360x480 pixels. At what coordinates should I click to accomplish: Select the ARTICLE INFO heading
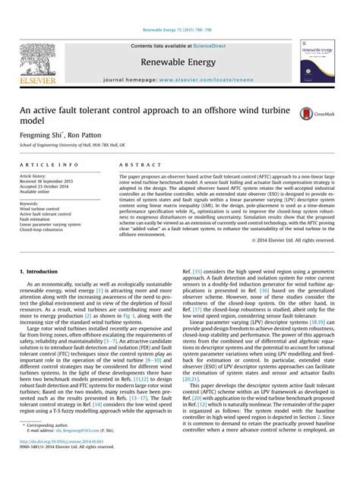coord(49,164)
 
